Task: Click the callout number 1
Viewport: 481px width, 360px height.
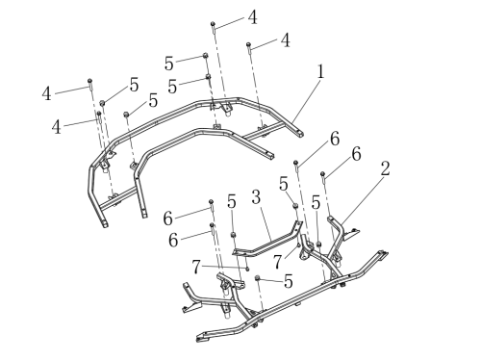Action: pyautogui.click(x=320, y=72)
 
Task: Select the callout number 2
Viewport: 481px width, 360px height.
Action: pyautogui.click(x=386, y=168)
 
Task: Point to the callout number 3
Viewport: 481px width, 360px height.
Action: pyautogui.click(x=256, y=197)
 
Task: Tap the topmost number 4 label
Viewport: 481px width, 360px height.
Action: pyautogui.click(x=253, y=17)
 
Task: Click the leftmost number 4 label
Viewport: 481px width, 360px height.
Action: pyautogui.click(x=47, y=94)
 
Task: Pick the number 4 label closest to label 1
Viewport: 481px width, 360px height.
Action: pyautogui.click(x=286, y=40)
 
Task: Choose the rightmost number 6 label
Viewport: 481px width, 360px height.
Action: pyautogui.click(x=356, y=154)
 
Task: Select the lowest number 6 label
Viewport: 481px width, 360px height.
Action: pyautogui.click(x=173, y=240)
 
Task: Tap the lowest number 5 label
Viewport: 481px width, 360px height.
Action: pyautogui.click(x=289, y=281)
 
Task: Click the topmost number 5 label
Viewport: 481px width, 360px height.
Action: pyautogui.click(x=169, y=64)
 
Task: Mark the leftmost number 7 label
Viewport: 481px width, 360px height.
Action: pyautogui.click(x=196, y=267)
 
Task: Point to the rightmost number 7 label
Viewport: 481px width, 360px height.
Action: pyautogui.click(x=278, y=262)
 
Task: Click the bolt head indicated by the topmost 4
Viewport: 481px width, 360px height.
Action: pyautogui.click(x=213, y=24)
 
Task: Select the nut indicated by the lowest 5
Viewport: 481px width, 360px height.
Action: pyautogui.click(x=257, y=277)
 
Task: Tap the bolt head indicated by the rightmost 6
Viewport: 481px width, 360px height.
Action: pyautogui.click(x=322, y=174)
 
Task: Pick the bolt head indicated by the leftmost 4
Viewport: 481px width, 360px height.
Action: pyautogui.click(x=90, y=80)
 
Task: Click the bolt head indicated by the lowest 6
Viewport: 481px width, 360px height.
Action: pyautogui.click(x=212, y=225)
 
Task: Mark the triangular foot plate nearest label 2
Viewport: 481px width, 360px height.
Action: pyautogui.click(x=351, y=234)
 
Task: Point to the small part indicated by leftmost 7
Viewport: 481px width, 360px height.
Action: pyautogui.click(x=247, y=269)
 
